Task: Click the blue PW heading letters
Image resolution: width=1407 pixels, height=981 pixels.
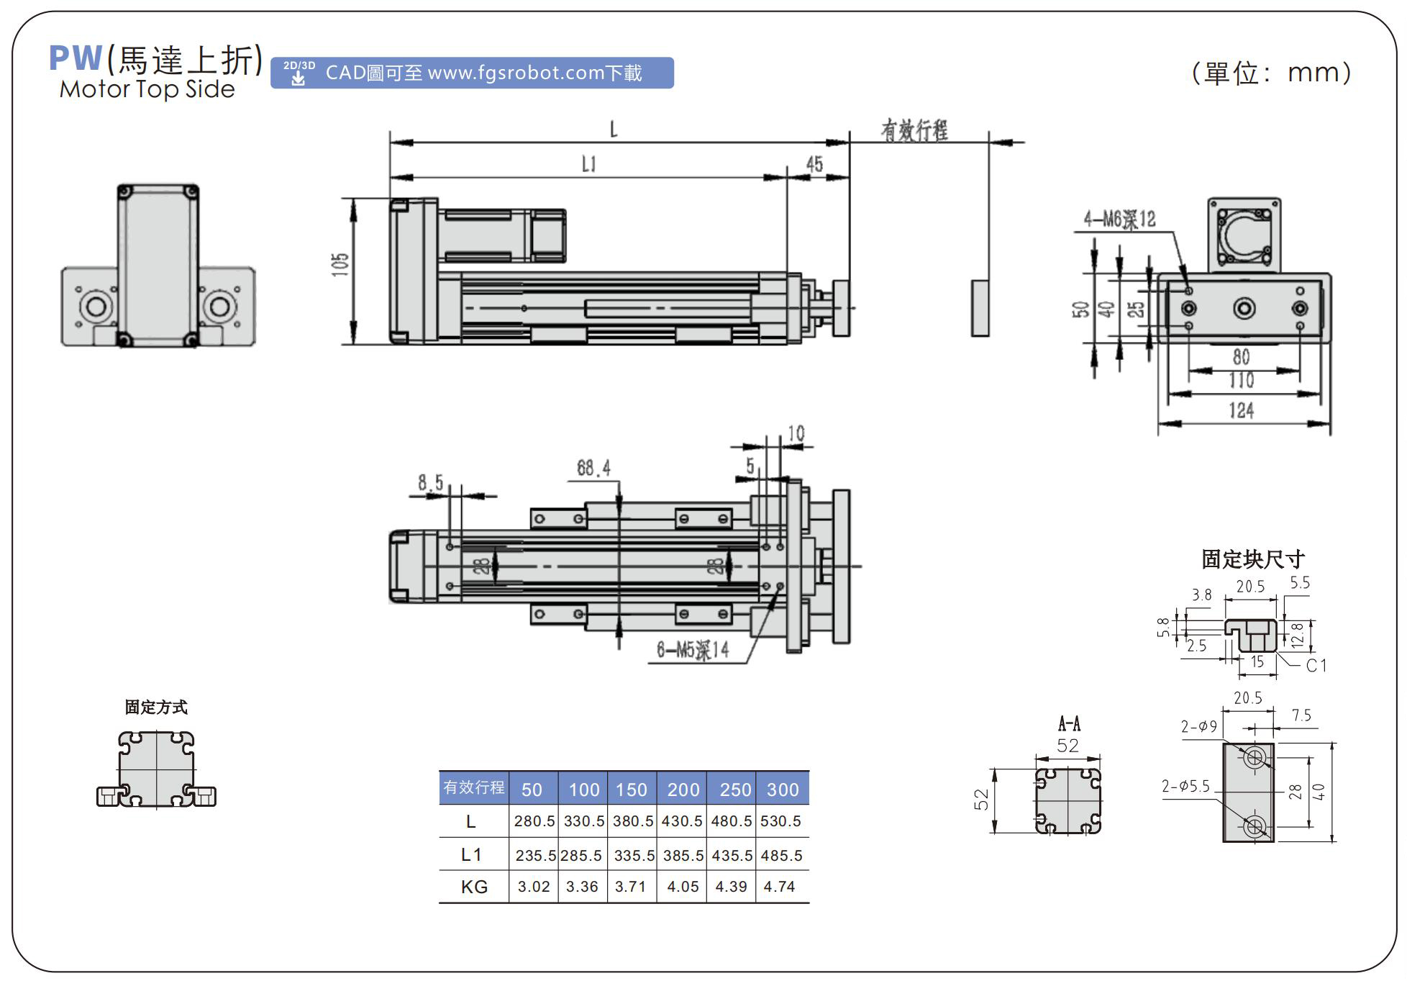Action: [75, 58]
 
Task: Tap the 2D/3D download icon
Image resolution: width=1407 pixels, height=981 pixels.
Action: [299, 73]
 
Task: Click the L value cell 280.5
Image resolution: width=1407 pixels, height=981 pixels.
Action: [534, 821]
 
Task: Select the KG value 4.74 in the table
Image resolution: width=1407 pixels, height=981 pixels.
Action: [779, 887]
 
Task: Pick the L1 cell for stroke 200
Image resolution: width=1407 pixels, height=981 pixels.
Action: [683, 856]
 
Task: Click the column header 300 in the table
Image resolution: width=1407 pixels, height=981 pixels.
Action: [783, 790]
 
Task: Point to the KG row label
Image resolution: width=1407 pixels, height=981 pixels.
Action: [474, 887]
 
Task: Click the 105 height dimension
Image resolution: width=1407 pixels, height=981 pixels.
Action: [341, 265]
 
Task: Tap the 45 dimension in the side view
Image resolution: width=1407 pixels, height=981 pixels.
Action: [814, 165]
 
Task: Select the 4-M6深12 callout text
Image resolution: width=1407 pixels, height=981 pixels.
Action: [1120, 220]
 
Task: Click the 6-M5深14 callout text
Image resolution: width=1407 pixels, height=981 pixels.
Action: [693, 651]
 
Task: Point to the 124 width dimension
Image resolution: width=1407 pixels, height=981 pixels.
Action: [1242, 411]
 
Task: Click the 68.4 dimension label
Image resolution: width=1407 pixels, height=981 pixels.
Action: [593, 469]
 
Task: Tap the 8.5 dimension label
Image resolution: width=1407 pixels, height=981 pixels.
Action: [431, 482]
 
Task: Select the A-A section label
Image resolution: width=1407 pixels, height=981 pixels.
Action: [1069, 723]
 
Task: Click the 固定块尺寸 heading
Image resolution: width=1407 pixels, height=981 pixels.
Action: [1252, 559]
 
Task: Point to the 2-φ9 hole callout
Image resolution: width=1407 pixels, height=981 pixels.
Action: [1198, 727]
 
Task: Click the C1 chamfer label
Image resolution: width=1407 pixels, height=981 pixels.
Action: [1316, 666]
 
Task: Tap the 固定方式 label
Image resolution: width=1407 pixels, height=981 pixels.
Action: [156, 708]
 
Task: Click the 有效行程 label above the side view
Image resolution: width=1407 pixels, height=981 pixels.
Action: [914, 131]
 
